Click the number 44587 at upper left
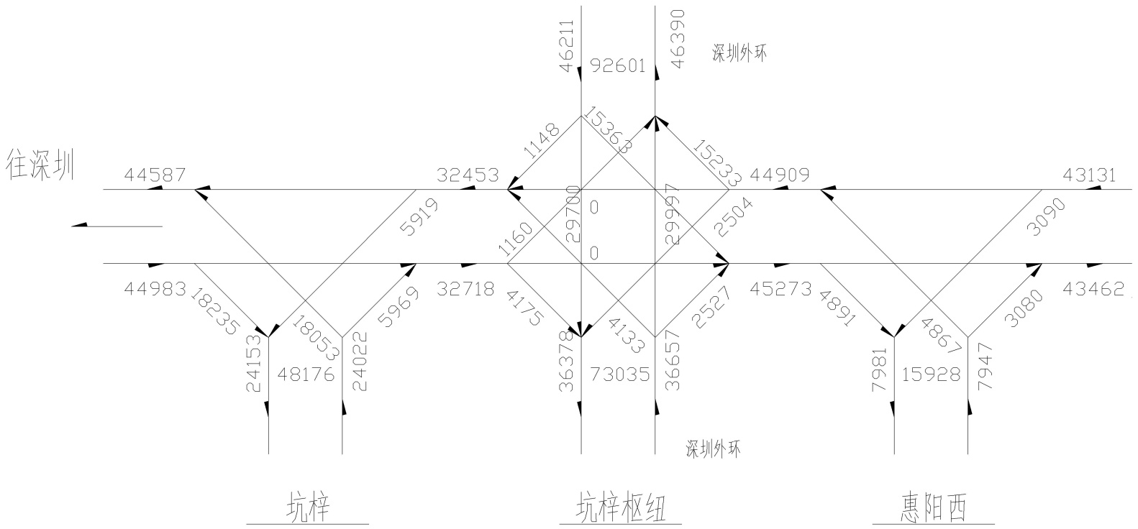coord(155,175)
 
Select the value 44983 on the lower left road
coord(155,288)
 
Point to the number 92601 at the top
coord(619,66)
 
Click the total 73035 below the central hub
coord(619,374)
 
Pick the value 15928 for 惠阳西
coord(931,374)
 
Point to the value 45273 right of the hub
coord(780,289)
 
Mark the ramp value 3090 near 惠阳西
coord(1047,216)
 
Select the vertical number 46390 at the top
coord(677,40)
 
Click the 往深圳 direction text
coord(40,165)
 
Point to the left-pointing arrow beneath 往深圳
coord(117,226)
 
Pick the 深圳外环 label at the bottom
coord(713,449)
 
